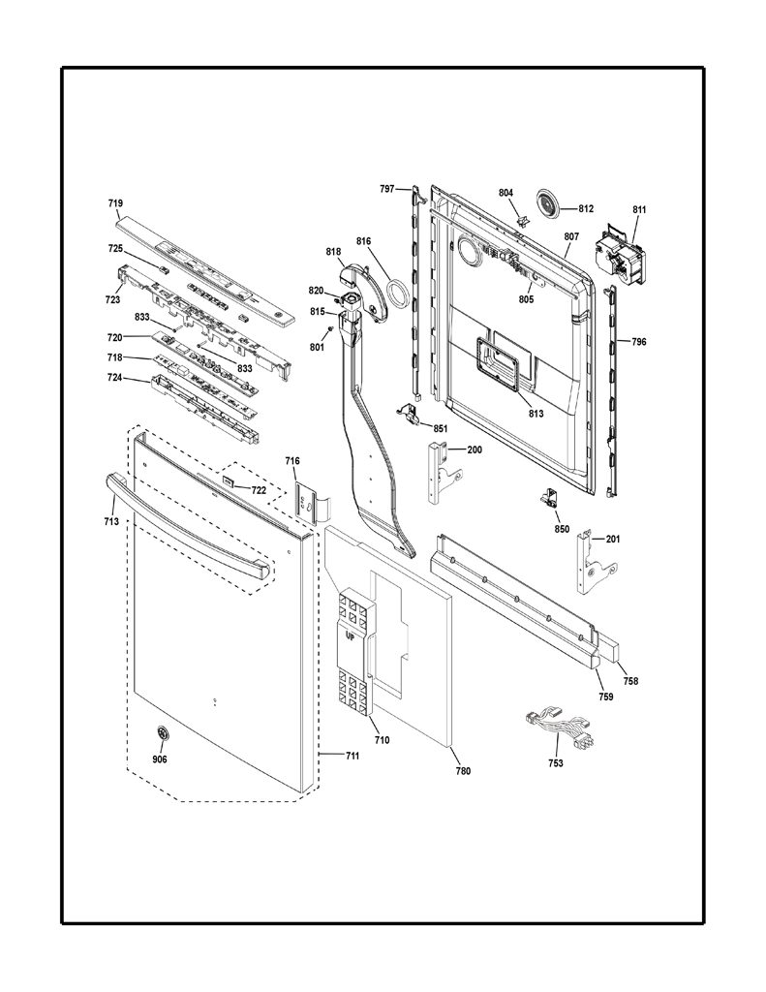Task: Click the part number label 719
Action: [115, 203]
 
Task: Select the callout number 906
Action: [160, 759]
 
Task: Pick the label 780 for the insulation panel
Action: [463, 771]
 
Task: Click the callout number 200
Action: [475, 449]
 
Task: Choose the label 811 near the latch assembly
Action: [639, 209]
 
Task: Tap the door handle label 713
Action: [111, 522]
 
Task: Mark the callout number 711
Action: [352, 756]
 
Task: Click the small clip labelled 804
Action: [523, 220]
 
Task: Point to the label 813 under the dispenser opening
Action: [536, 414]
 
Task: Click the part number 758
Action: [630, 681]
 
